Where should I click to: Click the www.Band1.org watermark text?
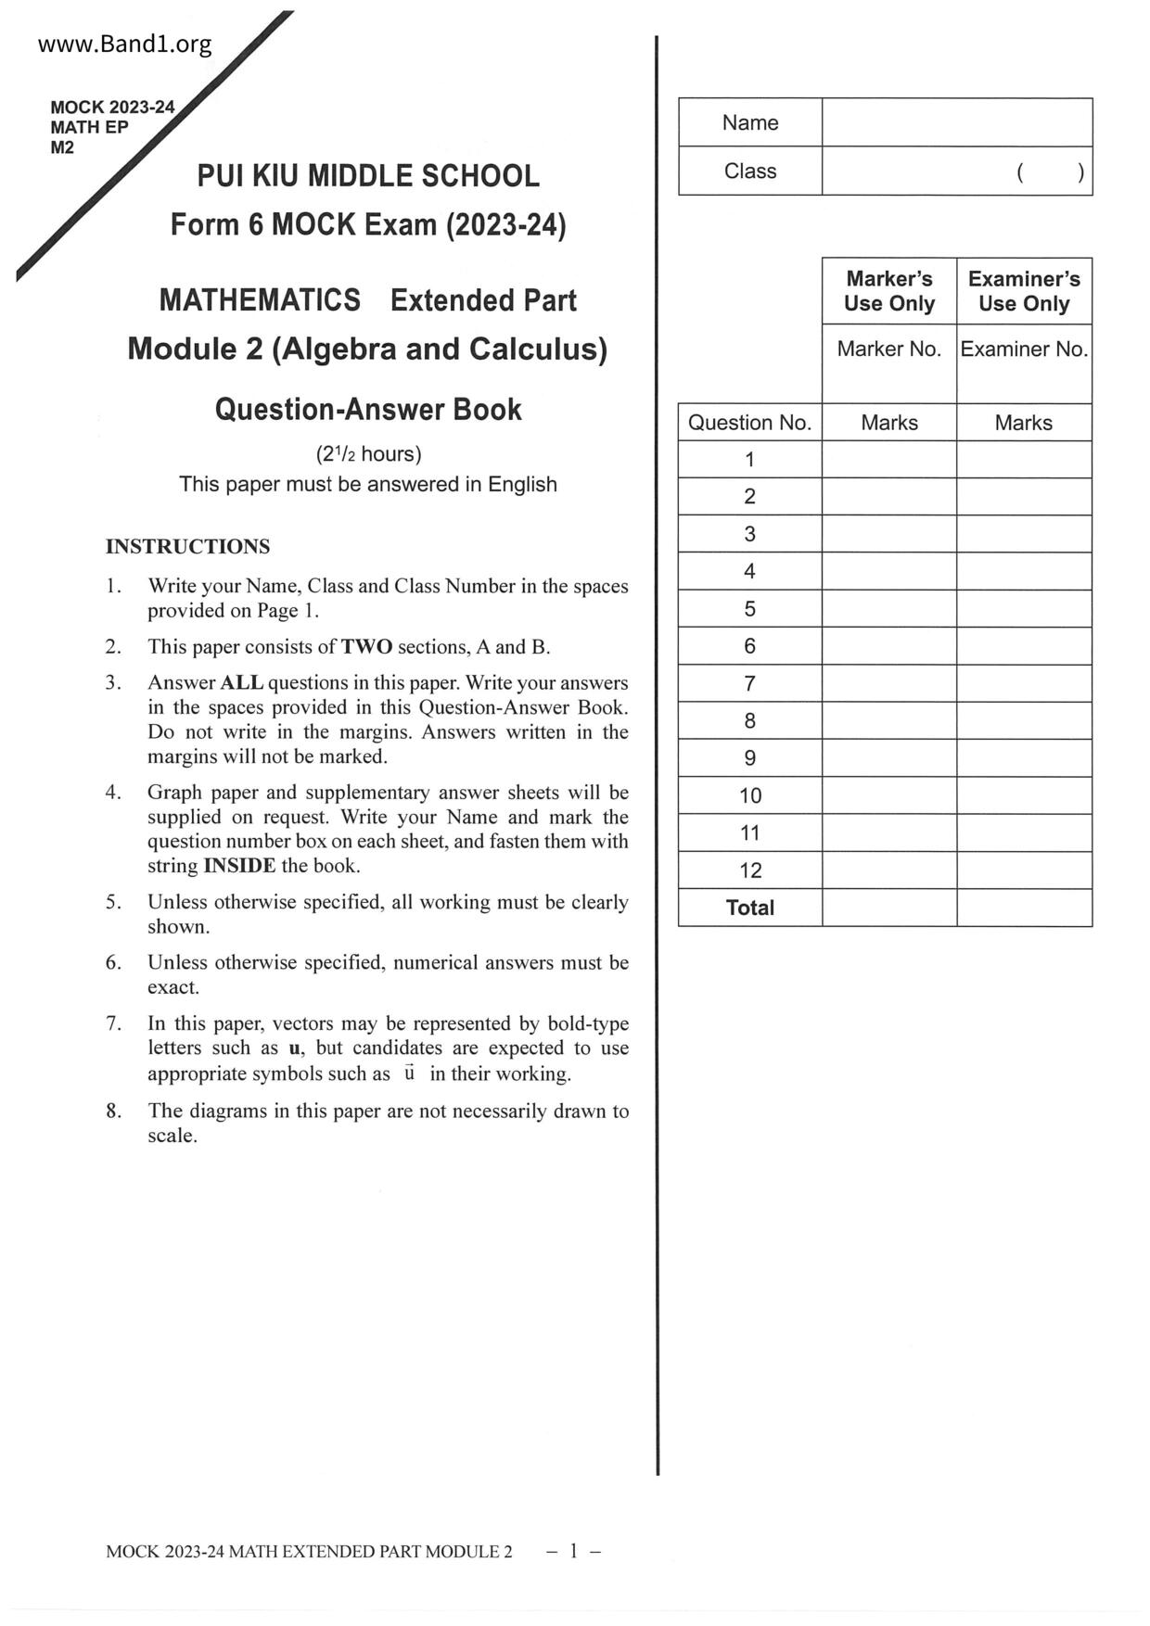point(124,44)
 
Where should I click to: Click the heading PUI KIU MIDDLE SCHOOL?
point(367,176)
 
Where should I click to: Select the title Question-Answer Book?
point(367,410)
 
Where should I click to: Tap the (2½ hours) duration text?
point(368,453)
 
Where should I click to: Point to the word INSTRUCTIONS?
point(187,546)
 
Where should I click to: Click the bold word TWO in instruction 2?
point(366,647)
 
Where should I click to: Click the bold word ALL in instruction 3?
point(241,683)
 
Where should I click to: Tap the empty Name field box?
point(956,122)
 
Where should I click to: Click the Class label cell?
point(749,171)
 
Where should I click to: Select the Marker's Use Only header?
point(888,291)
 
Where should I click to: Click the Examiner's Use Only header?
point(1024,291)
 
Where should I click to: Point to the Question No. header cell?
point(749,423)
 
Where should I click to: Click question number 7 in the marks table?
point(749,683)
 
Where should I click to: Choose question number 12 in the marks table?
point(749,870)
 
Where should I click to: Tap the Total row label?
point(749,908)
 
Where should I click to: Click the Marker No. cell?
point(888,349)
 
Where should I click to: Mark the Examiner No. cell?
point(1024,349)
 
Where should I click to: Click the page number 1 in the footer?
point(574,1551)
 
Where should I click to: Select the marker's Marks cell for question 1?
point(888,460)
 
